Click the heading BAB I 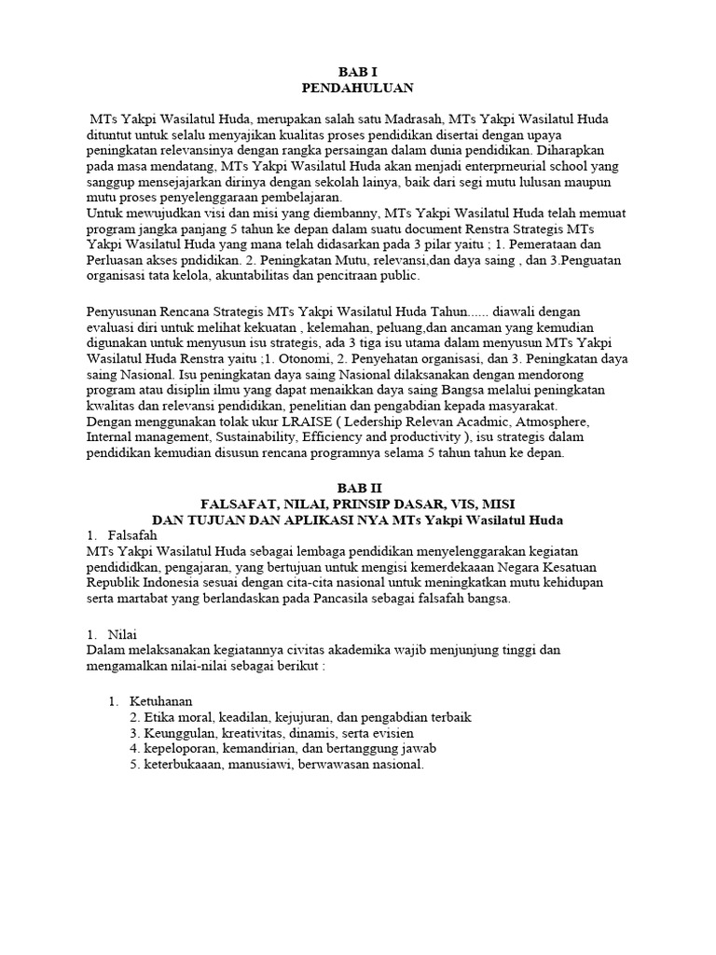(x=357, y=71)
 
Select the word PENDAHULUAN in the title (x=357, y=88)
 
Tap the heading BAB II (x=357, y=488)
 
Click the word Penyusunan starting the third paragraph (x=128, y=311)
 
